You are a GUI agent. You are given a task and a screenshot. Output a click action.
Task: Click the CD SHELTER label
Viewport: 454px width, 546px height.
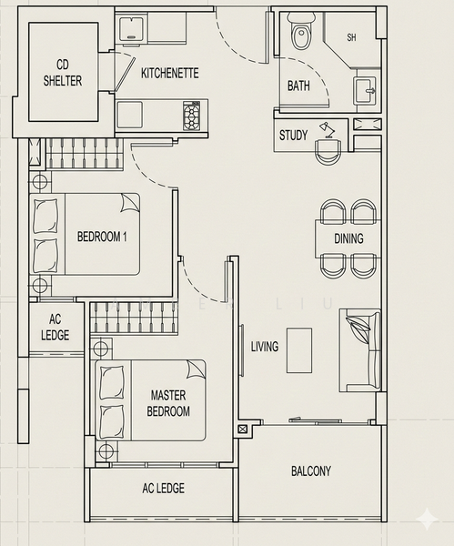pyautogui.click(x=62, y=74)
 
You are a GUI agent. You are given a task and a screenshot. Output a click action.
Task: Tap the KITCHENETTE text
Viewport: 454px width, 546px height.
pyautogui.click(x=169, y=73)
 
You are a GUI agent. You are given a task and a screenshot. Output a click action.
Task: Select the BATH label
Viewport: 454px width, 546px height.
pyautogui.click(x=298, y=86)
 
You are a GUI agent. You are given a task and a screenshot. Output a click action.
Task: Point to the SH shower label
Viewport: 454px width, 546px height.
pyautogui.click(x=351, y=38)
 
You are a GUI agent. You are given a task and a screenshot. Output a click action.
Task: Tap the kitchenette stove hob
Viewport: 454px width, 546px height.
pyautogui.click(x=192, y=116)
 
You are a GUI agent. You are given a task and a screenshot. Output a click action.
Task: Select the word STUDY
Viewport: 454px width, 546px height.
pyautogui.click(x=293, y=136)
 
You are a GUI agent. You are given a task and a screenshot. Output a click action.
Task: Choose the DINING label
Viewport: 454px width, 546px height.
pyautogui.click(x=348, y=239)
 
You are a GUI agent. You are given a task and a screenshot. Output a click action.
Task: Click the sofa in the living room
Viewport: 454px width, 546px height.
pyautogui.click(x=359, y=349)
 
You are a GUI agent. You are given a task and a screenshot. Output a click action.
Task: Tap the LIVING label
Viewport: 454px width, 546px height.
pyautogui.click(x=265, y=347)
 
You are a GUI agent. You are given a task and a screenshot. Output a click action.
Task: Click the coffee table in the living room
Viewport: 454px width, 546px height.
pyautogui.click(x=299, y=349)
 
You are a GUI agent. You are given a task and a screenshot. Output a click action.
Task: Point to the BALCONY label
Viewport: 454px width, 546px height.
pyautogui.click(x=311, y=471)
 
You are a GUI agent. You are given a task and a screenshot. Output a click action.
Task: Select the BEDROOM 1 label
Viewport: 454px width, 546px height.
pyautogui.click(x=101, y=237)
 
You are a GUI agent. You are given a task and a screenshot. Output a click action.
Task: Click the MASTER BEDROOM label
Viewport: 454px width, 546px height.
pyautogui.click(x=168, y=403)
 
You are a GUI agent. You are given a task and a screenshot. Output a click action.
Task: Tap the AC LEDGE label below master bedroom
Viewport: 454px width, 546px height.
pyautogui.click(x=163, y=489)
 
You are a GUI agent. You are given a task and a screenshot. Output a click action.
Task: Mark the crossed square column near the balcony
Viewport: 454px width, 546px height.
pyautogui.click(x=242, y=429)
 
